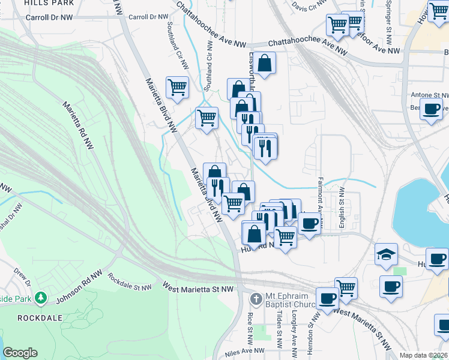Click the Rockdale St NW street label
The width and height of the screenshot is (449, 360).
[x=130, y=283]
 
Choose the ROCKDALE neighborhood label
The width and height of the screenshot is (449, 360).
[x=34, y=317]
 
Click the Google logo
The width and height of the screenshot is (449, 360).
[x=20, y=353]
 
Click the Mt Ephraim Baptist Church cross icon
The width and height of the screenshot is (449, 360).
[x=255, y=298]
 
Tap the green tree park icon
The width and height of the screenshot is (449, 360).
[x=41, y=297]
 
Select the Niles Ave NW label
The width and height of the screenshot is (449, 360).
[x=243, y=351]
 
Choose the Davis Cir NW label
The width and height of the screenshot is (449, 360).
[x=307, y=6]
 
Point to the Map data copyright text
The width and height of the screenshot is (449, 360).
[x=423, y=355]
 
